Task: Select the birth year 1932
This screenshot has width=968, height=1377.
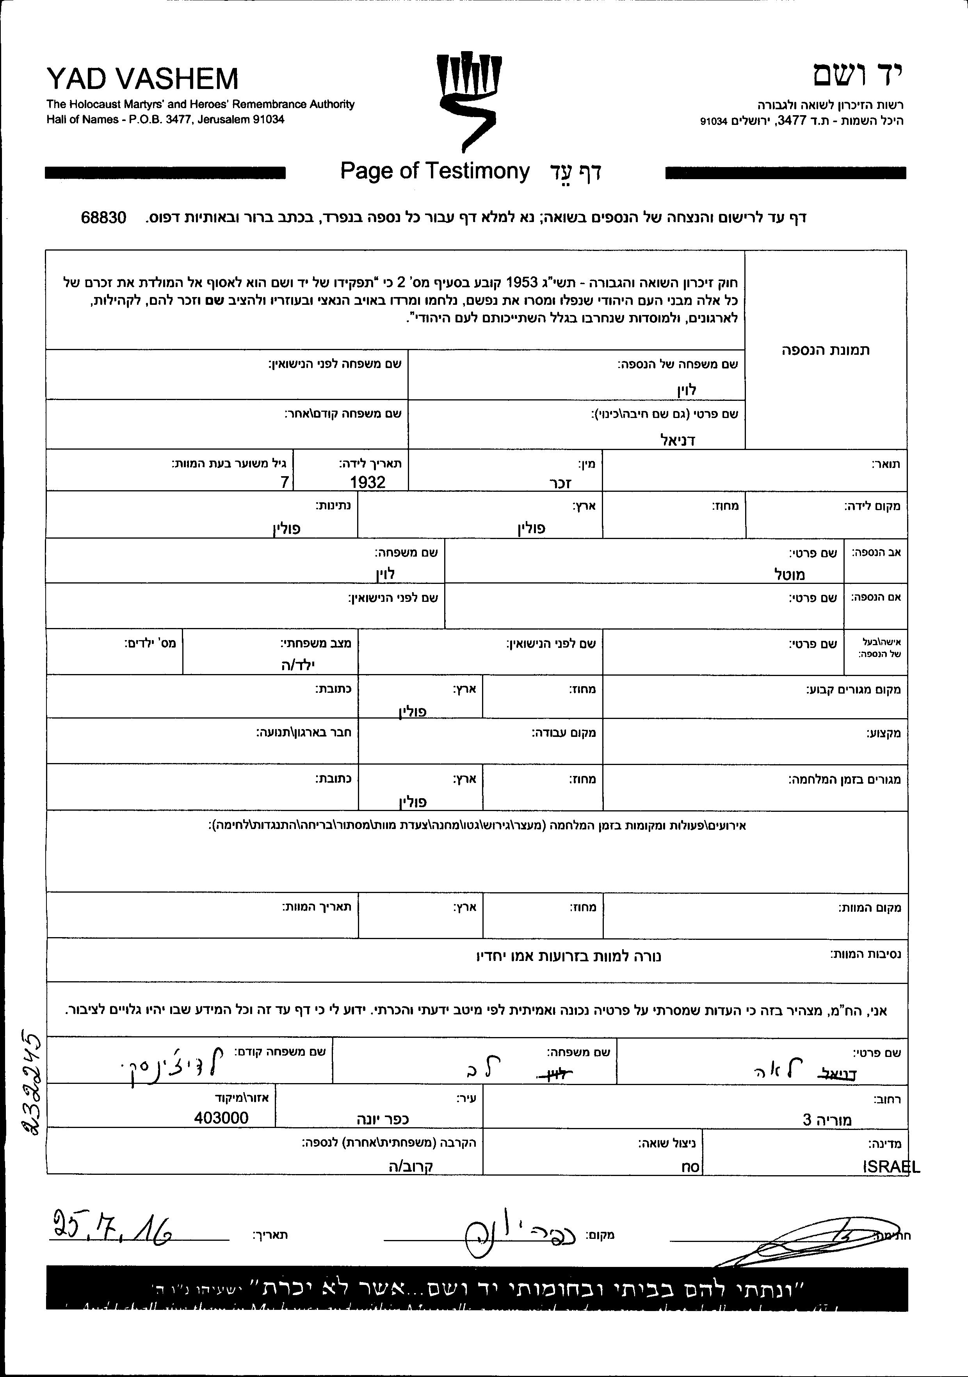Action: (x=368, y=482)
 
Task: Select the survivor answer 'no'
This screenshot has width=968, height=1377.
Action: (x=690, y=1167)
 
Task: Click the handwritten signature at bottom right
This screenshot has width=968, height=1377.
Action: (x=798, y=1238)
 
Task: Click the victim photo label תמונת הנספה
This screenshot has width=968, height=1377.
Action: (x=825, y=350)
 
